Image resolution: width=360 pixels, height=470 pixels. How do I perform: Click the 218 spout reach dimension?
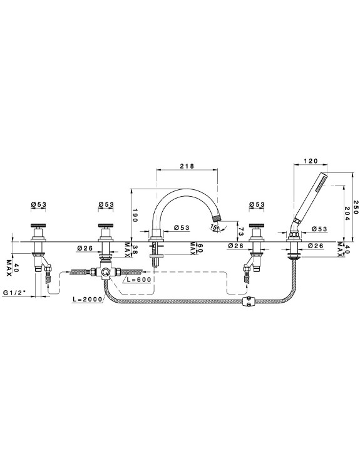[187, 166]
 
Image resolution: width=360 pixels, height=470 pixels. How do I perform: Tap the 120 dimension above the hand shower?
[311, 161]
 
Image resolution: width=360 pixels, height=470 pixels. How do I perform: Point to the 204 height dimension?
[346, 213]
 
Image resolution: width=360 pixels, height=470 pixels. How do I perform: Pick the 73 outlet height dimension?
[242, 232]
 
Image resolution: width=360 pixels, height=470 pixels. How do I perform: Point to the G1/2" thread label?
[15, 293]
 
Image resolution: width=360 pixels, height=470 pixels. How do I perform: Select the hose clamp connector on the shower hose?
[248, 301]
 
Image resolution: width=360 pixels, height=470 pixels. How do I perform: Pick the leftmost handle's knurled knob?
[38, 226]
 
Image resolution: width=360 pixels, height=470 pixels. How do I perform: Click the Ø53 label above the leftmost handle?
[39, 204]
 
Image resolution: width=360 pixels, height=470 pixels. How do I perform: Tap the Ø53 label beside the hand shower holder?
[319, 229]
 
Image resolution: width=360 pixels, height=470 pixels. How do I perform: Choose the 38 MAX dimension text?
[128, 249]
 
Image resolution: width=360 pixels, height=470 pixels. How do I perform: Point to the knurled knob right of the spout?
[257, 226]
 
